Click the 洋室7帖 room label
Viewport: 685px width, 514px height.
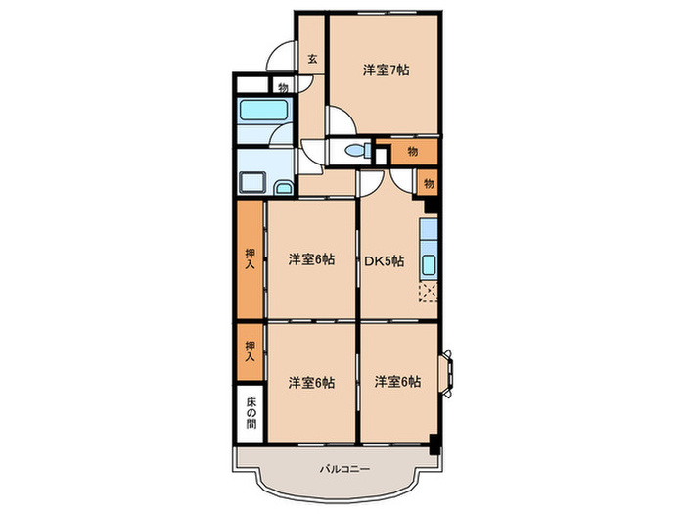point(386,70)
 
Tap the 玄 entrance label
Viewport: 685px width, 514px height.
point(311,59)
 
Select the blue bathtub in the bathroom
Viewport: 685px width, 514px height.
point(263,110)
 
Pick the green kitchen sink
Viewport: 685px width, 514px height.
point(430,263)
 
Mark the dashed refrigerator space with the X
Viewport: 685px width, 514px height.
point(429,290)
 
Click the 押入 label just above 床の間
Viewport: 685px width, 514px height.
point(249,351)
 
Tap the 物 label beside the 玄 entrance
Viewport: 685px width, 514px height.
point(282,86)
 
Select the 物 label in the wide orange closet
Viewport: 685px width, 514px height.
point(412,151)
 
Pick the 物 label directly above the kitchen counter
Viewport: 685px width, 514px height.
point(428,182)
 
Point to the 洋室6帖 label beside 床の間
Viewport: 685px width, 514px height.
point(311,382)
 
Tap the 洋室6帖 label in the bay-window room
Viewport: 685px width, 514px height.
point(397,382)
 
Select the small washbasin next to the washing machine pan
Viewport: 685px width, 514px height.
point(283,186)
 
